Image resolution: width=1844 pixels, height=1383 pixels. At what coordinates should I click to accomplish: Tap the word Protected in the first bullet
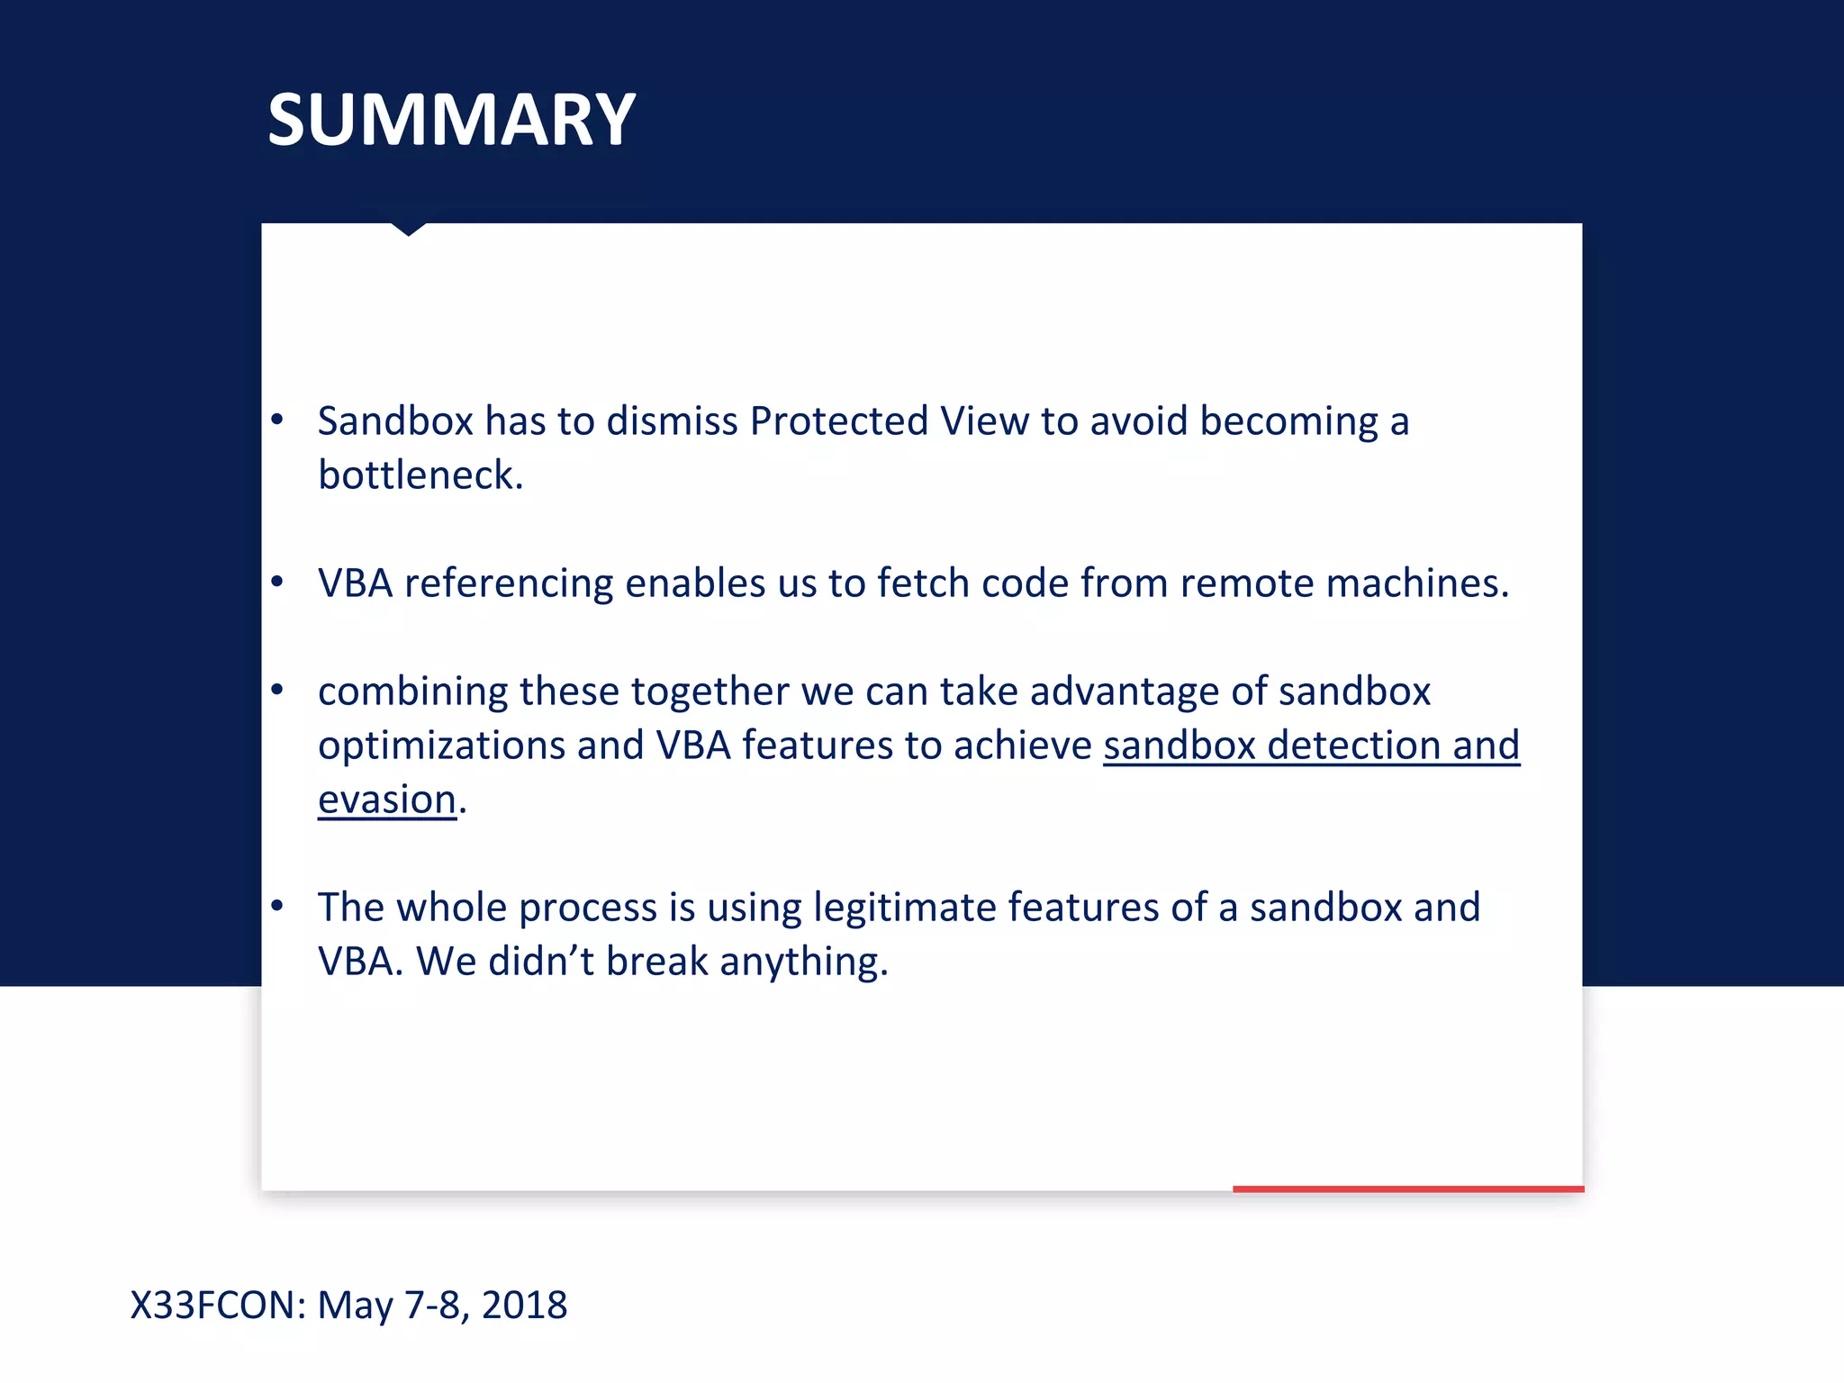[x=838, y=421]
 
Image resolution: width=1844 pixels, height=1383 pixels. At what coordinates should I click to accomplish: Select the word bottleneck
[x=420, y=475]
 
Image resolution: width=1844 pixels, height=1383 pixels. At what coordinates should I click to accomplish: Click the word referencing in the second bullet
[x=509, y=583]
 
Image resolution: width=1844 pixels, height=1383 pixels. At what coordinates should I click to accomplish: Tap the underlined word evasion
[x=387, y=800]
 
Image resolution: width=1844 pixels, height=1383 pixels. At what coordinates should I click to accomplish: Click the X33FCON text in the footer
[x=218, y=1305]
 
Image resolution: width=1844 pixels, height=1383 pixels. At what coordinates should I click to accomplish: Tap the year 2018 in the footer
[x=524, y=1305]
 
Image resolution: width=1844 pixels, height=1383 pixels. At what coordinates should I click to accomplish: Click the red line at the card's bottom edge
[x=1407, y=1189]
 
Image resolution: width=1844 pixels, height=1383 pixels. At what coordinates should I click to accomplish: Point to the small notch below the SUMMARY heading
[x=409, y=229]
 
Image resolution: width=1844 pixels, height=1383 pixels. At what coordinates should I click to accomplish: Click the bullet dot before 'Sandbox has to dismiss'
[x=277, y=419]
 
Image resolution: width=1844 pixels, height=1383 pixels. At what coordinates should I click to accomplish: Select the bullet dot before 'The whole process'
[x=277, y=905]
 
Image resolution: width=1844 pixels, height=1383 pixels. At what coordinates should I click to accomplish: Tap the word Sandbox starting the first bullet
[x=395, y=421]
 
